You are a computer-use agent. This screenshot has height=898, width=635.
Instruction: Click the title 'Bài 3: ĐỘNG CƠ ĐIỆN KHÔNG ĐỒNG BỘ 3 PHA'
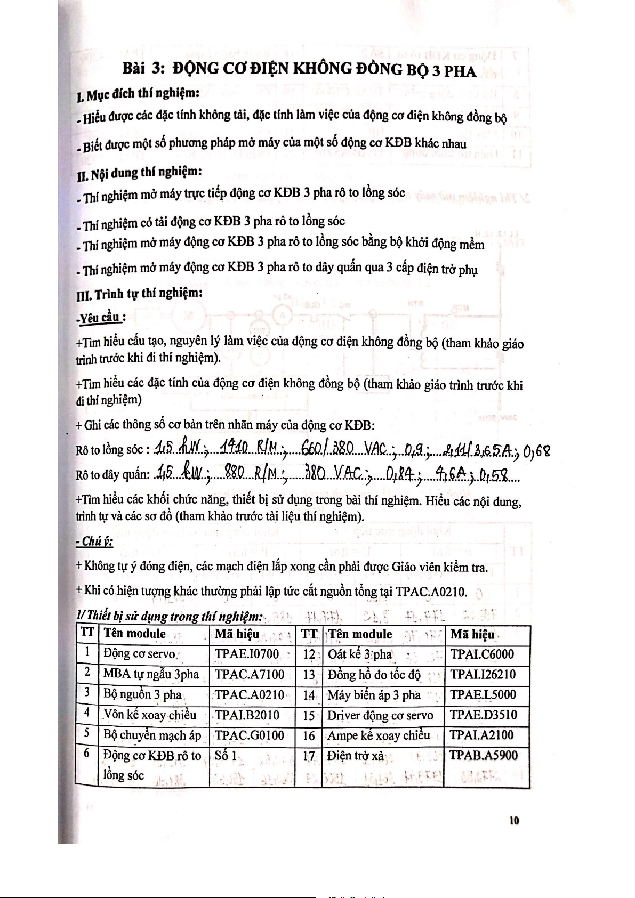pyautogui.click(x=299, y=69)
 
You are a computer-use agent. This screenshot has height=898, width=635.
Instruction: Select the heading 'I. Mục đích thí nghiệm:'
pyautogui.click(x=138, y=94)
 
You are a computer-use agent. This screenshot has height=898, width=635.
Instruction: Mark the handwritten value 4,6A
pyautogui.click(x=450, y=473)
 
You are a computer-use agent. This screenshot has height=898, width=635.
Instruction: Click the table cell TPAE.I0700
pyautogui.click(x=246, y=654)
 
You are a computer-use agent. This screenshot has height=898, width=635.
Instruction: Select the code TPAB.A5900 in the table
pyautogui.click(x=484, y=755)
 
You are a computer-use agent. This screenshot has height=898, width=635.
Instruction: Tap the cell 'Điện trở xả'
pyautogui.click(x=356, y=756)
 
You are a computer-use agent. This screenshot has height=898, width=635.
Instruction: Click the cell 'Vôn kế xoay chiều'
pyautogui.click(x=150, y=715)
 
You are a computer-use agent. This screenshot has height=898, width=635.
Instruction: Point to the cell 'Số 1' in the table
pyautogui.click(x=226, y=755)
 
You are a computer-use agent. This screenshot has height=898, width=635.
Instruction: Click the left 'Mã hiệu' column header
pyautogui.click(x=237, y=634)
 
